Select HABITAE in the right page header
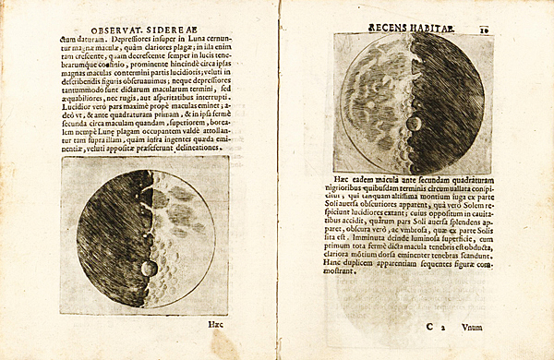tap(432, 28)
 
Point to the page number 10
tap(485, 29)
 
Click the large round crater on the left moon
tap(148, 269)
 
